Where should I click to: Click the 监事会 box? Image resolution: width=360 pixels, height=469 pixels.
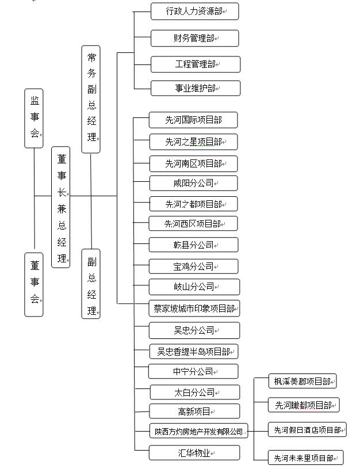coord(34,118)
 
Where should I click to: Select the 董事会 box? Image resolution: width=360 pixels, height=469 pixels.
coord(34,284)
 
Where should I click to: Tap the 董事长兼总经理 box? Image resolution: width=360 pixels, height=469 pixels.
coord(61,207)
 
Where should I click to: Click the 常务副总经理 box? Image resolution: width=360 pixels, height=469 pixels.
coord(91,100)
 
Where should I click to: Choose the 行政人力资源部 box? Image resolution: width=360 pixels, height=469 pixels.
coord(194,12)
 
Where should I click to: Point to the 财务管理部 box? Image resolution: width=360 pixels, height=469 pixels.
coord(194,39)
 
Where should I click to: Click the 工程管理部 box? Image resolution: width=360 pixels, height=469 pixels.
coord(196,64)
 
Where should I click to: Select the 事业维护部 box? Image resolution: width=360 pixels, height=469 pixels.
coord(196,88)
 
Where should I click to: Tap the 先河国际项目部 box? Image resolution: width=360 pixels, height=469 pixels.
coord(193,120)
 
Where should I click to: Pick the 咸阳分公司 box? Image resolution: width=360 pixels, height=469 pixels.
coord(193,183)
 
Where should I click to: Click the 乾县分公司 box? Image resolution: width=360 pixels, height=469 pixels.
coord(193,245)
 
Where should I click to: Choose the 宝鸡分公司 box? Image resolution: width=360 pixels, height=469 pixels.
coord(193,266)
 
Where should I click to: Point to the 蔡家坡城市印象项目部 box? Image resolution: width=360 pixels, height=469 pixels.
coord(194,308)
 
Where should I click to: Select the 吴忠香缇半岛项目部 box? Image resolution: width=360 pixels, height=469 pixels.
coord(194,352)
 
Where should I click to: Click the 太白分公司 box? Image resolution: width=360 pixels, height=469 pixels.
coord(195,392)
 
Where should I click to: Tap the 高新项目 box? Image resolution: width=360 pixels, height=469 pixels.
coord(194,411)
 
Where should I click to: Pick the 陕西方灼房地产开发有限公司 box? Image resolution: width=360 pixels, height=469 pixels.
coord(199,431)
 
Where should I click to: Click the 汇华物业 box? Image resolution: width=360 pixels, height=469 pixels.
coord(194,453)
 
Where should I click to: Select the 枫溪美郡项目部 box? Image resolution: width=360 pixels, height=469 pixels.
coord(302,382)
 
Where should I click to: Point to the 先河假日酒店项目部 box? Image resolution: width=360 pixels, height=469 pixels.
coord(307,430)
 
